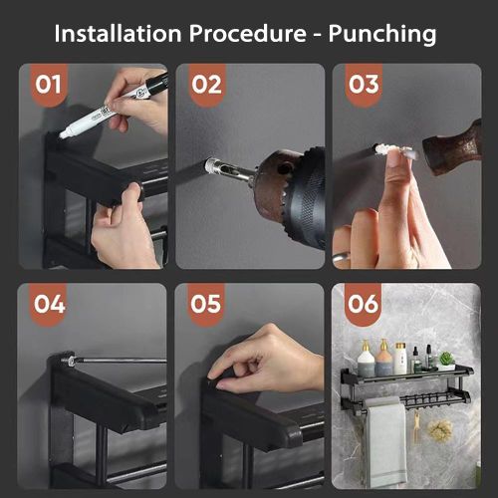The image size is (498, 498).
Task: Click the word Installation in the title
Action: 118,34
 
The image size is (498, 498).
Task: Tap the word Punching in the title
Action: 382,34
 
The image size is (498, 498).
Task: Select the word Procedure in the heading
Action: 248,34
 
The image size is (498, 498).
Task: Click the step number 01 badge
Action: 49,85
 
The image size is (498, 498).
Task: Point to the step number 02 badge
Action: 206,85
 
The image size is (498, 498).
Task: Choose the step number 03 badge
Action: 364,85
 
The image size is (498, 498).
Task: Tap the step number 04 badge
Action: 50,304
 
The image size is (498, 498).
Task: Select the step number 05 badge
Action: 206,304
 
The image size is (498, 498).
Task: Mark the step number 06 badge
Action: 363,304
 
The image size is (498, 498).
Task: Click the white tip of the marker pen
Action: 63,134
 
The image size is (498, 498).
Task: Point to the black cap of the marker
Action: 155,83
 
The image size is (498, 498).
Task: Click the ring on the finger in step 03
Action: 342,257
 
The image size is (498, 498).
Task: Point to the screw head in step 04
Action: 68,361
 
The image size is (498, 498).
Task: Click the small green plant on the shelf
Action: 446,361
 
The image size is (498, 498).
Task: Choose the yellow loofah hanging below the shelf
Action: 440,430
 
